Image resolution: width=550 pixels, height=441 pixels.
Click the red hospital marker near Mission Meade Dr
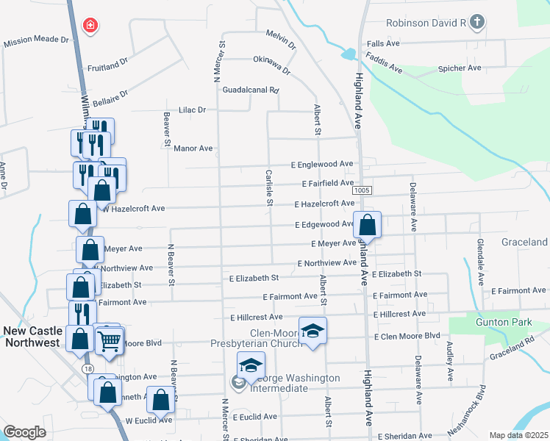pos(90,26)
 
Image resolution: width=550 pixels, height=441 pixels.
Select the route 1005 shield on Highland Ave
pos(361,190)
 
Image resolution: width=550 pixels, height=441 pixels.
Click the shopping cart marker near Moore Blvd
pos(110,340)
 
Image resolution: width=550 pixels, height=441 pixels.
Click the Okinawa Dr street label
pos(272,65)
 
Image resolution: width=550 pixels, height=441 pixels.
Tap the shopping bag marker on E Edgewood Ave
pos(368,223)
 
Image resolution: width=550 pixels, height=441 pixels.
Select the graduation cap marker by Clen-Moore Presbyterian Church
pos(312,329)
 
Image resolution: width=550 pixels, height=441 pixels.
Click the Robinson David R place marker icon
pos(476,23)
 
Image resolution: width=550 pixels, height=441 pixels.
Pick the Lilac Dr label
pos(193,110)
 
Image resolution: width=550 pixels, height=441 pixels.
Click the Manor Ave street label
pos(193,148)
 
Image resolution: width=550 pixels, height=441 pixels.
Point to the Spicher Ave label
pos(459,68)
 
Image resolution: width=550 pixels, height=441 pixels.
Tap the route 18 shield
pos(87,367)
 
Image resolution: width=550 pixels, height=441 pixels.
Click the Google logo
pos(24,432)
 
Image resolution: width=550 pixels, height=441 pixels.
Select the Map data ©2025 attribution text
pos(518,435)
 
